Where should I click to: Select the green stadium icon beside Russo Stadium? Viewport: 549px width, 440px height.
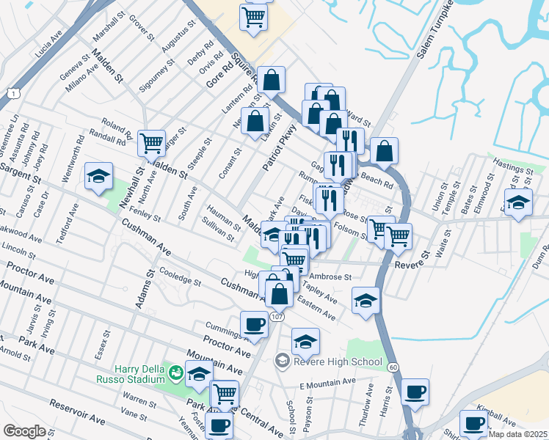pyautogui.click(x=175, y=373)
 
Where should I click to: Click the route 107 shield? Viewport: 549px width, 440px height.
pyautogui.click(x=275, y=316)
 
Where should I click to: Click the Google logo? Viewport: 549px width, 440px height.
pyautogui.click(x=24, y=431)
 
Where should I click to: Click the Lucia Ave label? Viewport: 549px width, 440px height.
pyautogui.click(x=49, y=48)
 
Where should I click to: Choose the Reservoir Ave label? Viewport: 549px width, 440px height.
pyautogui.click(x=77, y=413)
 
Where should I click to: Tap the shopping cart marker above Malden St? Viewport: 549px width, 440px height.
pyautogui.click(x=152, y=143)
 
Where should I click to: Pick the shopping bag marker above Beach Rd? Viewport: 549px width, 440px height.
pyautogui.click(x=384, y=151)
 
